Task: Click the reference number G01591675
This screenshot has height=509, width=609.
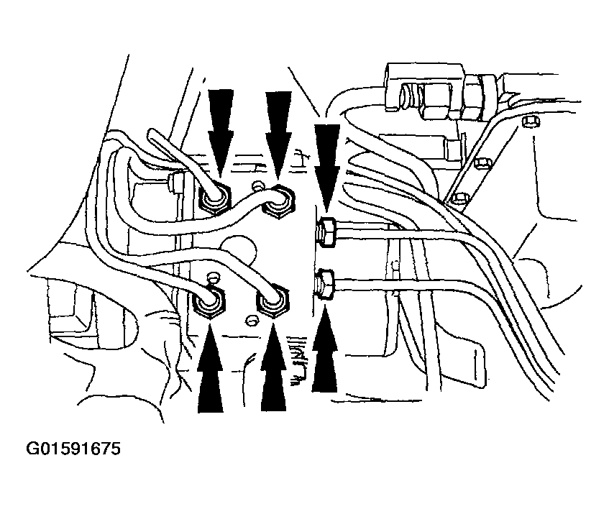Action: (73, 449)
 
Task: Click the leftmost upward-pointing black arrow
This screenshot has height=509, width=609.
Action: (210, 368)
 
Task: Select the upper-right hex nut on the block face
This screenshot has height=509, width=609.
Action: (278, 202)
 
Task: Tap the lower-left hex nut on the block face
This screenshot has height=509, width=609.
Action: (209, 303)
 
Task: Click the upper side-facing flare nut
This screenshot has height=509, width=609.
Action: (327, 232)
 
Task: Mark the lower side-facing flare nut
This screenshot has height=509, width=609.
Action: (325, 284)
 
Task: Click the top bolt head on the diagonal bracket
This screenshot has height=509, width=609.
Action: (531, 121)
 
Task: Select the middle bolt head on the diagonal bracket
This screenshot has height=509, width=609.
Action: (483, 162)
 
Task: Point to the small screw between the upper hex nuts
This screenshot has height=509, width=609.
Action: (257, 185)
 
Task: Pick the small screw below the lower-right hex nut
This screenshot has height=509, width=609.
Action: (252, 321)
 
